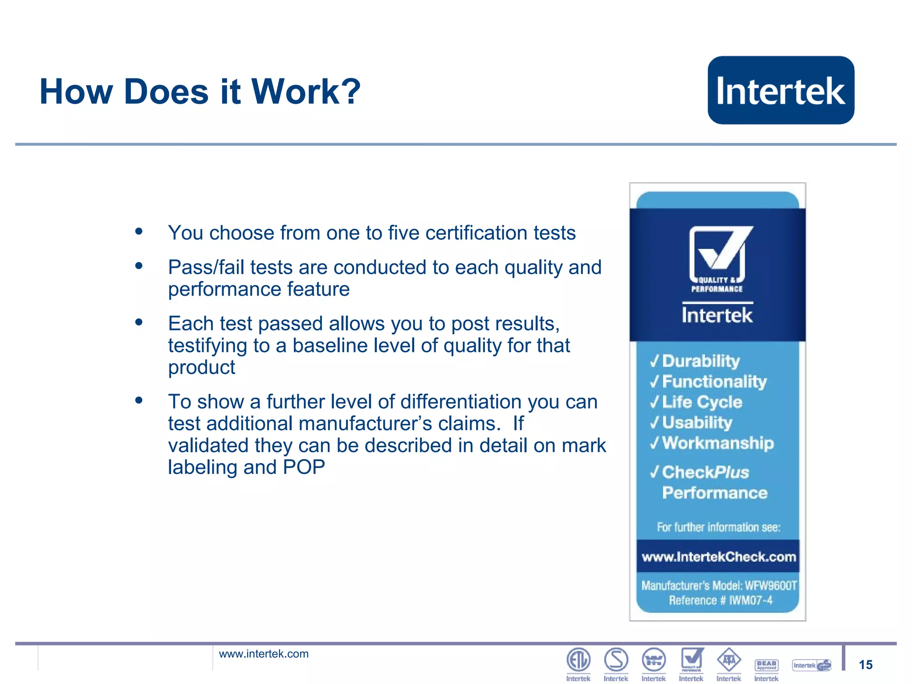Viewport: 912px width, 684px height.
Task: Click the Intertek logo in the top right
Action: coord(781,90)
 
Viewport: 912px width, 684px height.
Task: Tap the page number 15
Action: coord(865,665)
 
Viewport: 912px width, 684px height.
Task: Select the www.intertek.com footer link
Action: coord(264,654)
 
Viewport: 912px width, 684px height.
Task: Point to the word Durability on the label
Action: coord(701,361)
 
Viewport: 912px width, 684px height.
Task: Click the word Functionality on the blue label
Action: coord(714,381)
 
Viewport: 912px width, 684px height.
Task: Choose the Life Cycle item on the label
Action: coord(702,402)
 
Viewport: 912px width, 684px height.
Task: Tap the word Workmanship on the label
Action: coord(718,443)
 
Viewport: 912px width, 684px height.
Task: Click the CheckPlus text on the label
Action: coord(705,472)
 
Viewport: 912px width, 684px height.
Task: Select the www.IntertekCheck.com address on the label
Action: coord(718,557)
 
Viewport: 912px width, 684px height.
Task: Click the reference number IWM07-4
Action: coord(751,600)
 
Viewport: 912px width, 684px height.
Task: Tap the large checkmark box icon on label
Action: coord(718,252)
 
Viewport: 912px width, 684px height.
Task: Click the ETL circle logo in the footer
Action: coord(578,660)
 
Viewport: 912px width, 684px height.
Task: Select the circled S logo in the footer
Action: coord(616,660)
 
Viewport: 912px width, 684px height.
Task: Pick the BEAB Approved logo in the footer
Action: coord(766,665)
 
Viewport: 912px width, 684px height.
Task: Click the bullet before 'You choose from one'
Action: coord(139,231)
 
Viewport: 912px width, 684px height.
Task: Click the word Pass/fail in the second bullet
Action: coord(206,267)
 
